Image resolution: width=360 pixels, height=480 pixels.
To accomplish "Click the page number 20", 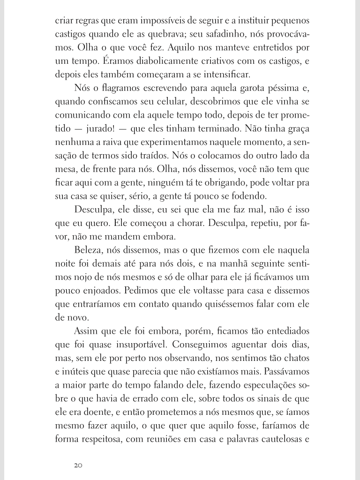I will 78,465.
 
